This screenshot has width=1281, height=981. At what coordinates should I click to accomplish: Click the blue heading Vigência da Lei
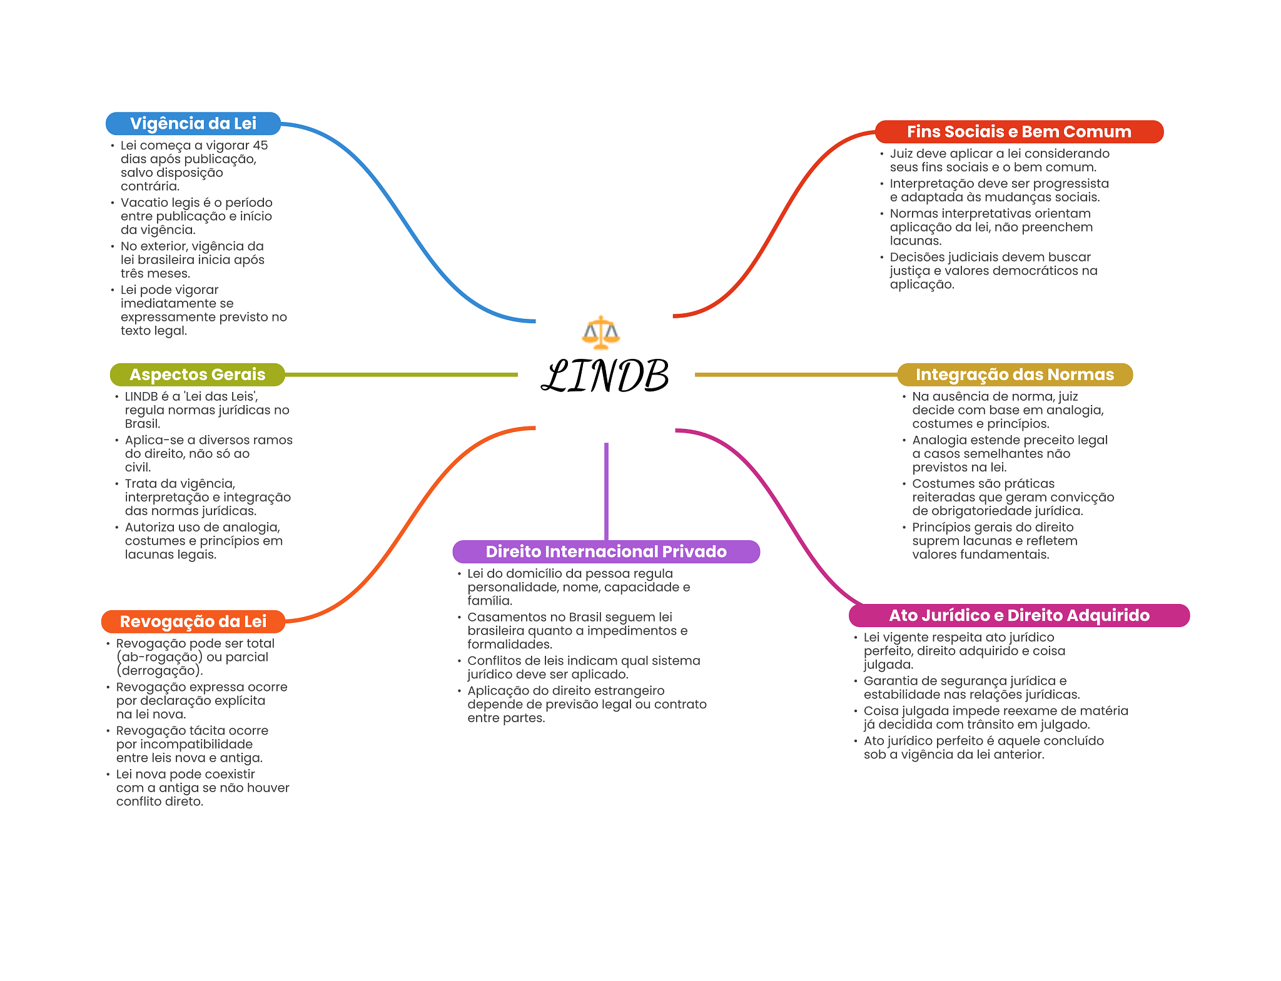pos(193,124)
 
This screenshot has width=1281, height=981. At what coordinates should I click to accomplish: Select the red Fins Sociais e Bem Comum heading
pos(1018,132)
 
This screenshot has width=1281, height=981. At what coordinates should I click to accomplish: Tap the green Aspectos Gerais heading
pos(197,375)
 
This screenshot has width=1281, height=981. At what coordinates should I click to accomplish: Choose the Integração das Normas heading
pos(1014,375)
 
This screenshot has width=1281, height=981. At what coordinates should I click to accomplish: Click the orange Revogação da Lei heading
pos(193,621)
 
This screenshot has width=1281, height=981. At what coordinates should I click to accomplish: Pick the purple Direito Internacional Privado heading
pos(605,551)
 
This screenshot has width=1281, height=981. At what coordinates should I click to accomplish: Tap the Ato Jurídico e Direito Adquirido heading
pos(1018,615)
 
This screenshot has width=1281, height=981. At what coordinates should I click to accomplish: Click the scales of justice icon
pos(600,332)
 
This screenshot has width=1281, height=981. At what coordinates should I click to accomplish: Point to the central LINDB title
pos(605,376)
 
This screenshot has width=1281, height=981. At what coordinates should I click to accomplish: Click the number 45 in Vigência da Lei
pos(260,146)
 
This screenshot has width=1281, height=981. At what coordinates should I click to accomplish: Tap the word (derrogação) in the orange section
pos(159,671)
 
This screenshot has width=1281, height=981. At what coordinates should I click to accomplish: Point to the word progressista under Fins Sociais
pos(1070,184)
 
